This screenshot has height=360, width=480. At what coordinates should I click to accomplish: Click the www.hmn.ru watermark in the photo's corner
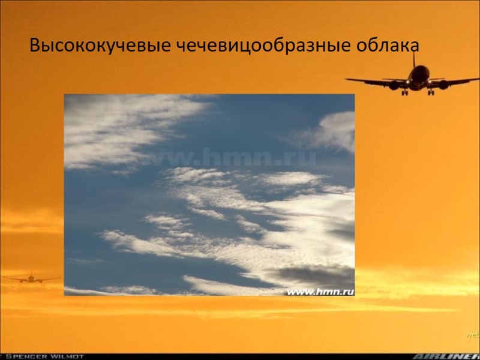[x=320, y=291]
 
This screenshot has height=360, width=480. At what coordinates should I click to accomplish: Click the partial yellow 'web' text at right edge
[x=472, y=334]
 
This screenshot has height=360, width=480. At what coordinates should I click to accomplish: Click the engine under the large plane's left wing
[x=394, y=86]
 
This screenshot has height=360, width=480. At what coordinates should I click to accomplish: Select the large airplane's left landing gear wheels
[x=404, y=92]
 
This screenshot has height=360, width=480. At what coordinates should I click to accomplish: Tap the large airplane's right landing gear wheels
[x=430, y=92]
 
